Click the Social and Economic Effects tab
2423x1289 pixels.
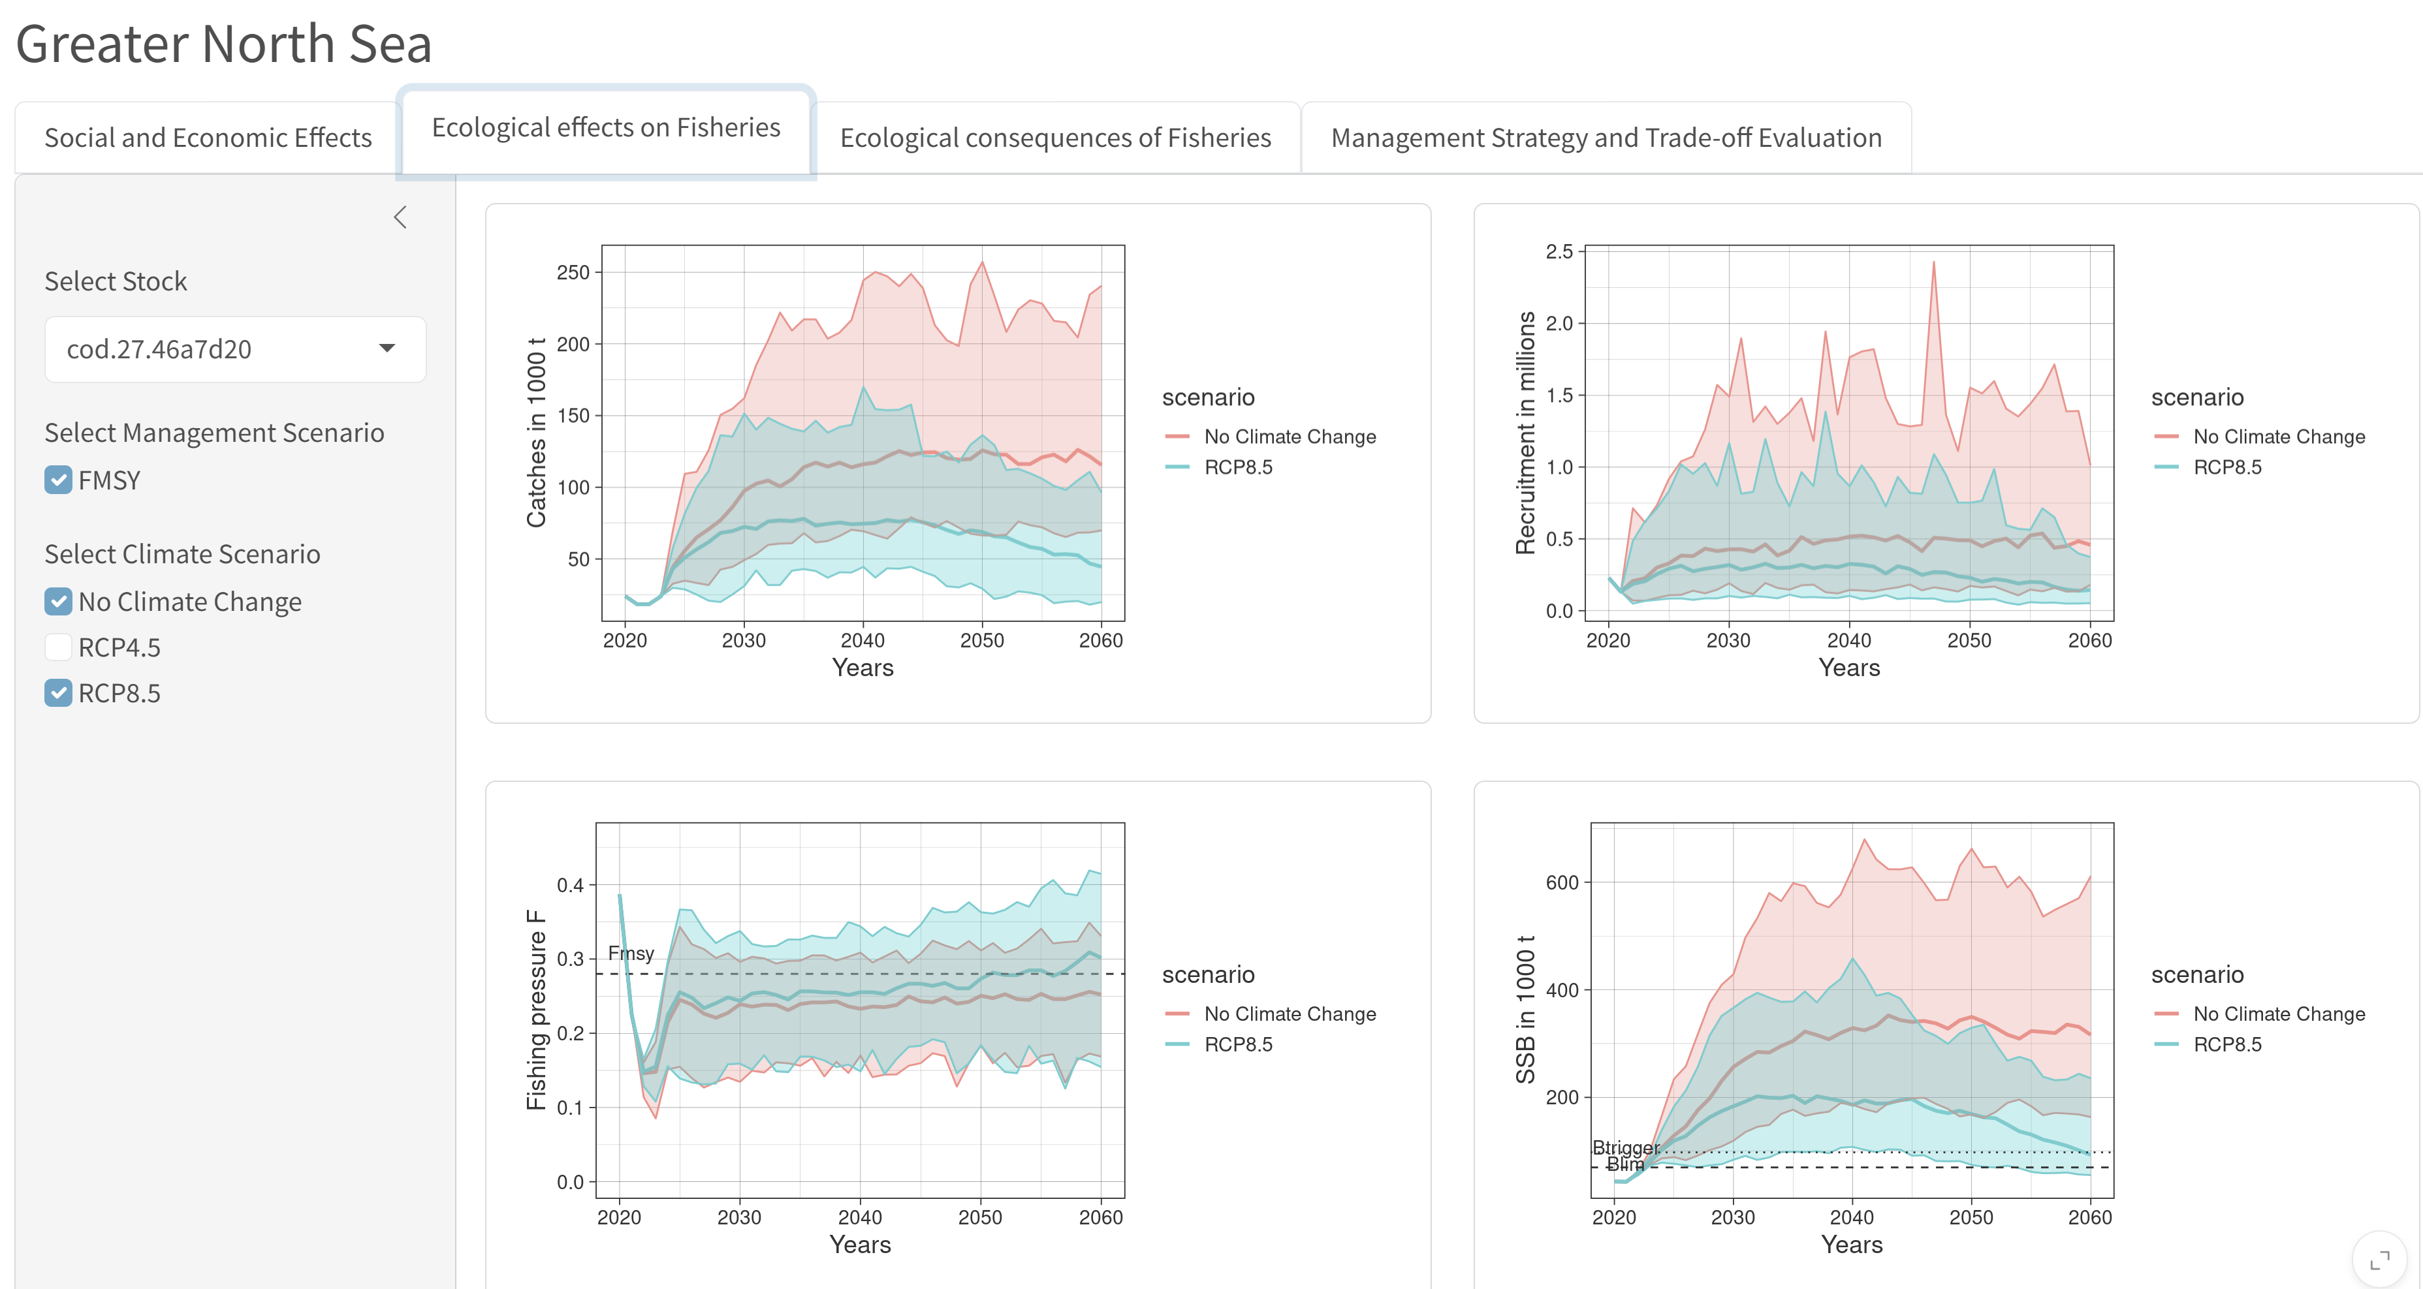click(208, 138)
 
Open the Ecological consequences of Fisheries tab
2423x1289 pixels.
click(1054, 138)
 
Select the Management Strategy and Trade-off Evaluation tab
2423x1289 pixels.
click(1606, 138)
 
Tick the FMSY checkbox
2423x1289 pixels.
click(58, 480)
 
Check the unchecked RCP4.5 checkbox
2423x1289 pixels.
click(58, 648)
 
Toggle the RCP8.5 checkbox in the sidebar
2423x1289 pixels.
click(58, 694)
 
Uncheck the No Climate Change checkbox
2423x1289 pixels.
click(58, 602)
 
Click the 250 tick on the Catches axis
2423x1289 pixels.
click(573, 273)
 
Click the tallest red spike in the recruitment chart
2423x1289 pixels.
click(1934, 263)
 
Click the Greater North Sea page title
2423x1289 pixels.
click(224, 44)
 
